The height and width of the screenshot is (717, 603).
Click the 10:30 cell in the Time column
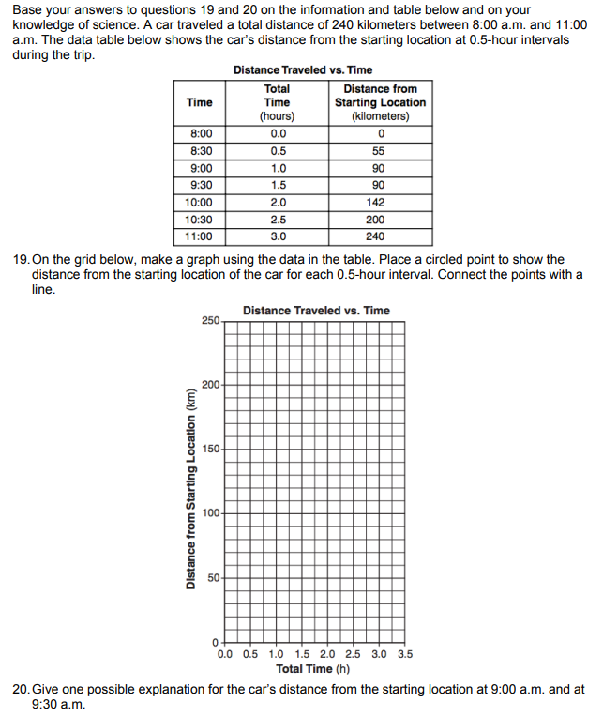200,219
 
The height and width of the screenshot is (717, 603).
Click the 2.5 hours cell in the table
278,219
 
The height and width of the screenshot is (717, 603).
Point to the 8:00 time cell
200,134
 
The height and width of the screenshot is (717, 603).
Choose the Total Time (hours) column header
278,102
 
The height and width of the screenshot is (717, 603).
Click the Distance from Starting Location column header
380,102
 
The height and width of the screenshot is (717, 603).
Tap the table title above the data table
302,70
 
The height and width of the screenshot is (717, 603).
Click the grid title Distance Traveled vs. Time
316,311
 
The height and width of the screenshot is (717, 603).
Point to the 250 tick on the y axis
210,321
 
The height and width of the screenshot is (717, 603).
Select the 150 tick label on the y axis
210,449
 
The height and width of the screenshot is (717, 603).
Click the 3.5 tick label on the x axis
403,655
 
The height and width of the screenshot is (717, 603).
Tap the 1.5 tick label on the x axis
302,655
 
